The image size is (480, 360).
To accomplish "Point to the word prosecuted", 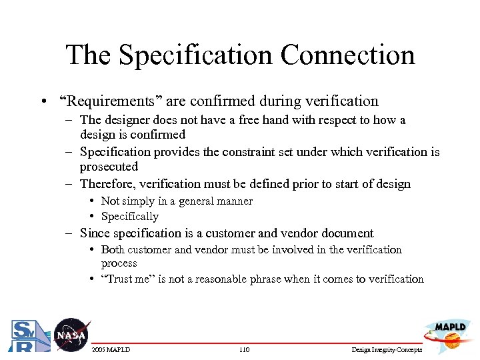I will point(109,167).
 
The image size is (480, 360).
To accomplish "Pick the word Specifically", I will point(130,216).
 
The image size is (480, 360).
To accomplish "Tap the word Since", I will point(95,233).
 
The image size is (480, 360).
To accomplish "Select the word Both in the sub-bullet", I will point(113,249).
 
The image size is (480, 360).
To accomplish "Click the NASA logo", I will point(70,334).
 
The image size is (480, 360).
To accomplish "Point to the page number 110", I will point(243,350).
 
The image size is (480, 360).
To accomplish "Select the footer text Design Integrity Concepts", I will point(386,350).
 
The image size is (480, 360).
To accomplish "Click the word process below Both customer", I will point(119,263).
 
